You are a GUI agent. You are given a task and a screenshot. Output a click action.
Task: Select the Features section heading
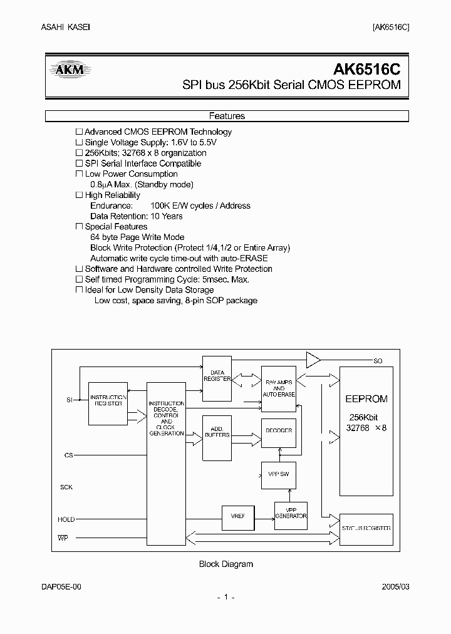[226, 116]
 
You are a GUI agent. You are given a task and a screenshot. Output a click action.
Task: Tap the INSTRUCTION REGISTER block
[108, 401]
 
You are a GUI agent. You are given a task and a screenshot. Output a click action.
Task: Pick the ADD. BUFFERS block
[216, 432]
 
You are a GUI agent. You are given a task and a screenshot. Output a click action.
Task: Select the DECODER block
[278, 431]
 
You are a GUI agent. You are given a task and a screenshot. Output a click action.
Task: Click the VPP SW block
[278, 475]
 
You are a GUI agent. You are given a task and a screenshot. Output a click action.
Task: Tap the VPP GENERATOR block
[291, 512]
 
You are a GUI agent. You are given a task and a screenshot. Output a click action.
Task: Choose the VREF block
[238, 516]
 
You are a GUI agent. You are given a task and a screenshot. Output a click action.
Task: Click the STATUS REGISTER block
[366, 528]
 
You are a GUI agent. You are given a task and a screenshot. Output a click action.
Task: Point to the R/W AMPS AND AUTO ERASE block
[278, 388]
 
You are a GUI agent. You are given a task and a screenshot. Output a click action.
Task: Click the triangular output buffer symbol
[312, 360]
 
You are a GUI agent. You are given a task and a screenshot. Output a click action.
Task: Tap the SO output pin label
[378, 361]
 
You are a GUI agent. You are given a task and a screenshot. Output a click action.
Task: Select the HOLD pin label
[66, 519]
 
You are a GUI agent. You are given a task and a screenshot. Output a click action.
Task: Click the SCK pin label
[66, 487]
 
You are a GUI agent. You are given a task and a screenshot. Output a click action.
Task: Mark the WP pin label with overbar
[63, 538]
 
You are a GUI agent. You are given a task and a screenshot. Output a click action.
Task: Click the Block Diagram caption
[225, 564]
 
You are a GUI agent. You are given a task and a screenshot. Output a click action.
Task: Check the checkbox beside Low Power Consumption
[79, 174]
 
